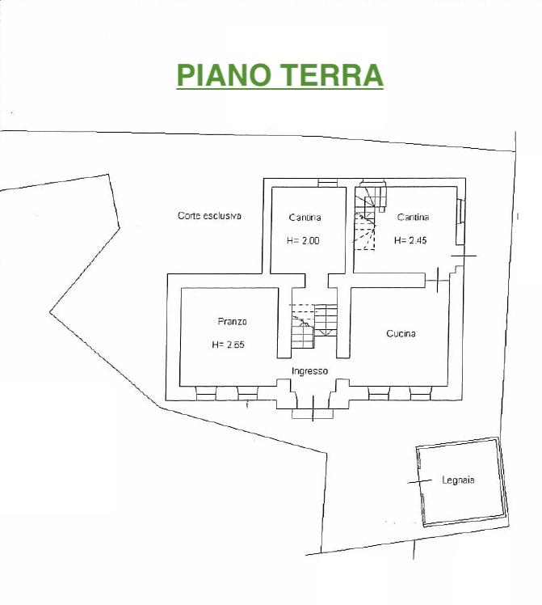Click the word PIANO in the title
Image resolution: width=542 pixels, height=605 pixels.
tap(224, 75)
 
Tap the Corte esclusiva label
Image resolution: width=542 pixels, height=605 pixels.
tap(209, 216)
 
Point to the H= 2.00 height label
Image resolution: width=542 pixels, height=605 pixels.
tap(303, 241)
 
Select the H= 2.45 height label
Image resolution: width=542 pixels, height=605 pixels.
tap(410, 240)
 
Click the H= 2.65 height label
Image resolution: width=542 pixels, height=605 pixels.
tap(228, 345)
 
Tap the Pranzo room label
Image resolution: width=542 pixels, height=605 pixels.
tap(233, 321)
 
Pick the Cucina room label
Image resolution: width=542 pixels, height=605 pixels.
tap(401, 333)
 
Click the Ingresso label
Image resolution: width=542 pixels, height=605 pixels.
tap(309, 371)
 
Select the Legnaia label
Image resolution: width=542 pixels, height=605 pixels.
tap(458, 480)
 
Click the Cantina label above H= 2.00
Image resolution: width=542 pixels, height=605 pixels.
tap(305, 218)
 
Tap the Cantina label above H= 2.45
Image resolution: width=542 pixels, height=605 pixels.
tap(413, 218)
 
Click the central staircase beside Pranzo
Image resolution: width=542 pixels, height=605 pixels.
tap(314, 326)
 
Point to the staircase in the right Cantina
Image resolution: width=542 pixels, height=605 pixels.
tap(370, 218)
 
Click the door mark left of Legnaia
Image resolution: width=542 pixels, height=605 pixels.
tap(420, 481)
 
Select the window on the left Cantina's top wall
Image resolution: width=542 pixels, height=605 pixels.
tap(328, 183)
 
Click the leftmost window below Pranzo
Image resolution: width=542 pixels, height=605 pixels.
tap(206, 394)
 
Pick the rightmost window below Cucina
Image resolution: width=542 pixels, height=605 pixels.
tap(420, 394)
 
